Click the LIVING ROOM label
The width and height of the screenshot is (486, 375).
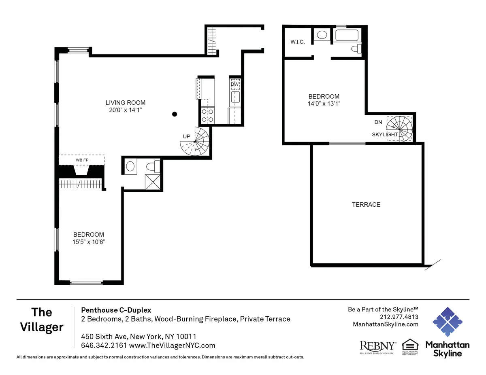[125, 103]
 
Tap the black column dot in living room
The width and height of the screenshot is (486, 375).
[175, 114]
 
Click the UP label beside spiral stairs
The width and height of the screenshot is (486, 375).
[186, 137]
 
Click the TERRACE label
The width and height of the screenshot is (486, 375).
[366, 205]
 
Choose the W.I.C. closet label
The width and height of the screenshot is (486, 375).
[297, 42]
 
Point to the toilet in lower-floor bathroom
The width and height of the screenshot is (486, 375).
[152, 166]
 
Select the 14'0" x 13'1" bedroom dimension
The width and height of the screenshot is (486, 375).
[324, 104]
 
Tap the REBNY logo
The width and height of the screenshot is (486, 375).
[377, 346]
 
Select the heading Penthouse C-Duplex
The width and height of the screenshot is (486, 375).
[116, 310]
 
